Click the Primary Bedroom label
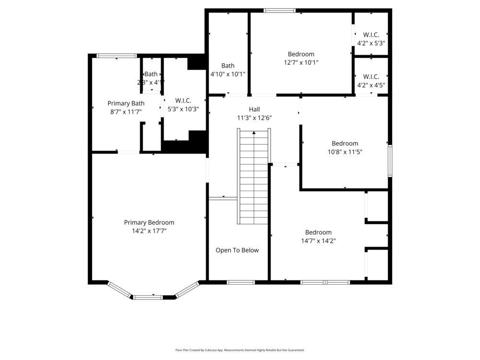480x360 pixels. coord(149,222)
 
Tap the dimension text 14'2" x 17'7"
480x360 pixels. coord(149,231)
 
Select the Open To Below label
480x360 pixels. coord(237,250)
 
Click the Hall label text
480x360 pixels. coord(254,109)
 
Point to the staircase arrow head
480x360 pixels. coord(254,132)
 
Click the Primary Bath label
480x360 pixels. coord(126,103)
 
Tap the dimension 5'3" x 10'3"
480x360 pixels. coord(183,109)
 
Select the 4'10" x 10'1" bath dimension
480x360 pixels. coord(228,74)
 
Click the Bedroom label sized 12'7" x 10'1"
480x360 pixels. coord(301,54)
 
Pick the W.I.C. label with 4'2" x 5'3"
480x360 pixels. coord(371,35)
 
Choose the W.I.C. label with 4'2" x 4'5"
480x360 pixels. coord(371,77)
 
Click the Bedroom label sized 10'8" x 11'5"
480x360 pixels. coord(345,144)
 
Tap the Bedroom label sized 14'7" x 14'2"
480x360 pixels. coord(318,232)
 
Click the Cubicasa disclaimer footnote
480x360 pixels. coord(240,350)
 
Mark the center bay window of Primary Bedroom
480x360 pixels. coord(148,297)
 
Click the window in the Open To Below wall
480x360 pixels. coord(240,282)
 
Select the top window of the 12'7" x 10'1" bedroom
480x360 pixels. coord(279,10)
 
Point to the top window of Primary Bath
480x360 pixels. coord(117,56)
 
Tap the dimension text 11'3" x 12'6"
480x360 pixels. coord(254,118)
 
